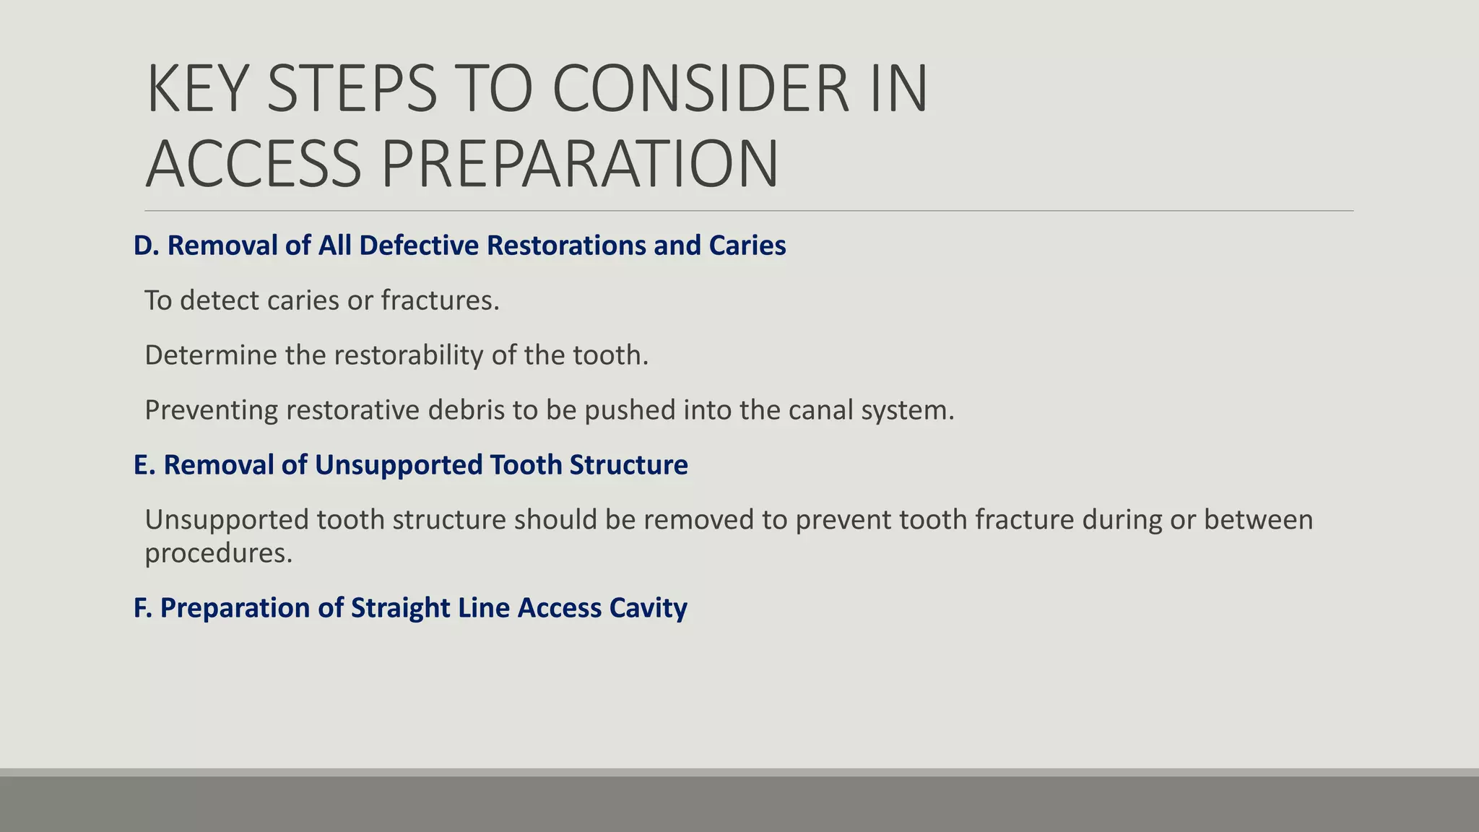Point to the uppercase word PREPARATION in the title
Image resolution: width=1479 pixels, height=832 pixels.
coord(579,164)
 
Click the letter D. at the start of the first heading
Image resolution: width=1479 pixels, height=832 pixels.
coord(146,246)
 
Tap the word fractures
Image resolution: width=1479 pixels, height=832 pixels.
coord(440,300)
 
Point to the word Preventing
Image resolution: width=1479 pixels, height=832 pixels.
coord(211,410)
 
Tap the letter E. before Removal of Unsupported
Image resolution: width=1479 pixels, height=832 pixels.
coord(144,465)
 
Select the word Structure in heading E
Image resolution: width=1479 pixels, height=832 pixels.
coord(628,465)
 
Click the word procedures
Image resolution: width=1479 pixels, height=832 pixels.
coord(218,553)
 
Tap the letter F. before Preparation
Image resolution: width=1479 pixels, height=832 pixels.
coord(143,608)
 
